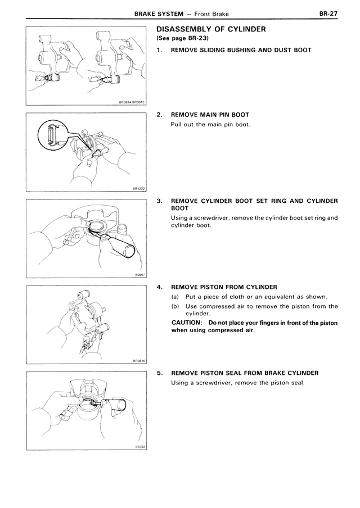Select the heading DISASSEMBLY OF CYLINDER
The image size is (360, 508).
210,29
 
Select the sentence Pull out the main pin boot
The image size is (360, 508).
210,124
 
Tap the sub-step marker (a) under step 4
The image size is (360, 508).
175,297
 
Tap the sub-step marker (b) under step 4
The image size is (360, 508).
175,306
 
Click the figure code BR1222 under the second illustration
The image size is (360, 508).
138,189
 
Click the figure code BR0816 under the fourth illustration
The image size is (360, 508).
138,361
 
